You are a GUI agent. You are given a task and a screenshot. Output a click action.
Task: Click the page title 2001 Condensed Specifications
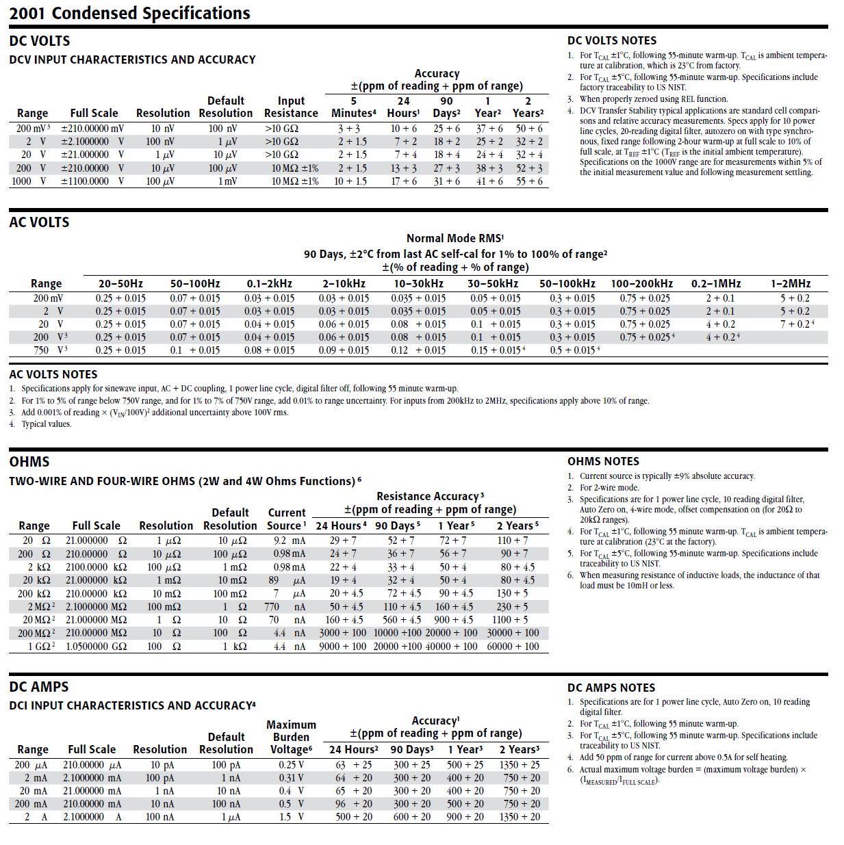click(129, 13)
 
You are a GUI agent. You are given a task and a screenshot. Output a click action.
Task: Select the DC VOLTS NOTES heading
click(611, 41)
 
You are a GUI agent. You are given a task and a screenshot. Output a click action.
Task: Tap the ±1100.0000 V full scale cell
click(92, 181)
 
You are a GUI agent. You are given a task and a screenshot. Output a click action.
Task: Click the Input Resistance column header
click(291, 107)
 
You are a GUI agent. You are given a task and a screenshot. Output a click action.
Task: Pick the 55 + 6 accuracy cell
click(529, 181)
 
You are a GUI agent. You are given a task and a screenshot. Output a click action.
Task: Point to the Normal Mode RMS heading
click(455, 238)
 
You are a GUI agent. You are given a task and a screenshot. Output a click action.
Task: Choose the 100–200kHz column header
click(641, 284)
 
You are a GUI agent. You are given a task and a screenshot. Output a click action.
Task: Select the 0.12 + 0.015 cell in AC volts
click(418, 350)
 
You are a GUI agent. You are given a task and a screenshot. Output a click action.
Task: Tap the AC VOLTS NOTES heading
click(53, 374)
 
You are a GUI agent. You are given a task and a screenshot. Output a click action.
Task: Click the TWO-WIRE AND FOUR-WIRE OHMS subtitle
click(185, 481)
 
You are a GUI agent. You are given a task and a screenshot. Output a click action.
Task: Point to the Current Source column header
click(287, 519)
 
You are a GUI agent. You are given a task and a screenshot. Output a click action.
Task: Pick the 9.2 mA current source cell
click(290, 541)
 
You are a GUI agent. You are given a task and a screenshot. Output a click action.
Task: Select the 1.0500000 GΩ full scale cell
click(96, 647)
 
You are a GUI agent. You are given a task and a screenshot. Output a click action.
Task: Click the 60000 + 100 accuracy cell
click(513, 647)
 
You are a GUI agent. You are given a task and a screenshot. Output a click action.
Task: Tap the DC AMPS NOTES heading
click(611, 688)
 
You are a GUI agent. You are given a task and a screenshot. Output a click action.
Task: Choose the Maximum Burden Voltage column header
click(291, 737)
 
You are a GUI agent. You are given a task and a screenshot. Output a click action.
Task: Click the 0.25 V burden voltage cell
click(291, 765)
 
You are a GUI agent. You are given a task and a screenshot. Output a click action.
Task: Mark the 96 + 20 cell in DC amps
click(353, 804)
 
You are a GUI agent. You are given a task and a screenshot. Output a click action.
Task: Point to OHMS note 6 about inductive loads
click(698, 580)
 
